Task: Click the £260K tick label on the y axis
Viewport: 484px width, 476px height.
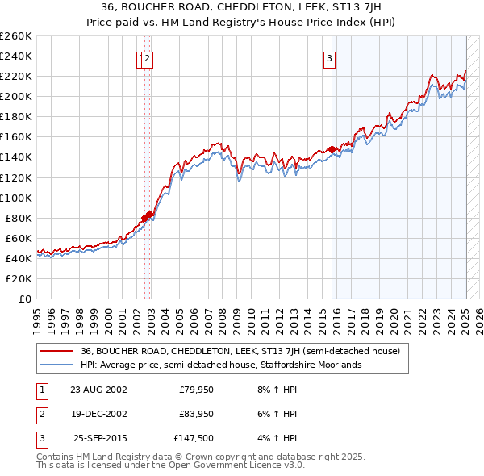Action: (x=16, y=36)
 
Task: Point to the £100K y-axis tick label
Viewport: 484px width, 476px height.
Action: (x=16, y=198)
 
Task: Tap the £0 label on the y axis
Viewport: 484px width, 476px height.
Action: (x=24, y=299)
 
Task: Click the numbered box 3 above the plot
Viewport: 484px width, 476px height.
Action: (x=330, y=57)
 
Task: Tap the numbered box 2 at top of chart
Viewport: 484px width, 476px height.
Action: (x=149, y=57)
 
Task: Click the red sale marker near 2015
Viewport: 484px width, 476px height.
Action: (x=332, y=149)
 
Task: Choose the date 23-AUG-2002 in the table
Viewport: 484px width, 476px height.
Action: (x=98, y=390)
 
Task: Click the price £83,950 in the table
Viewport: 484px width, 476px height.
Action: (x=196, y=415)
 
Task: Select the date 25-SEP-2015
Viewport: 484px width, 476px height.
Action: (x=99, y=439)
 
